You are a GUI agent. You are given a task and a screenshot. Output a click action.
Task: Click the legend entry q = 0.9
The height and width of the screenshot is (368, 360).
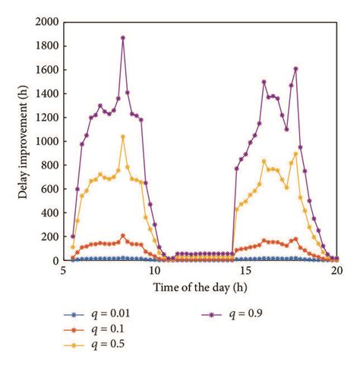[x=247, y=313]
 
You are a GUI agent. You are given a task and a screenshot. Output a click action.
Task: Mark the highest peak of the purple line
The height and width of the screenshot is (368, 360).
[x=123, y=37]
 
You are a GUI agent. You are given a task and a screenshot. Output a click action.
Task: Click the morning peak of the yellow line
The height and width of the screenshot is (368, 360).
[x=123, y=137]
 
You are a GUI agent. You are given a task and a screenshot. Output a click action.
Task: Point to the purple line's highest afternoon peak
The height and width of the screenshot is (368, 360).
[x=295, y=68]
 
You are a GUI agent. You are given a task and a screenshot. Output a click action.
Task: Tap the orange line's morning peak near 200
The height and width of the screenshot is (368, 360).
[x=123, y=236]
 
